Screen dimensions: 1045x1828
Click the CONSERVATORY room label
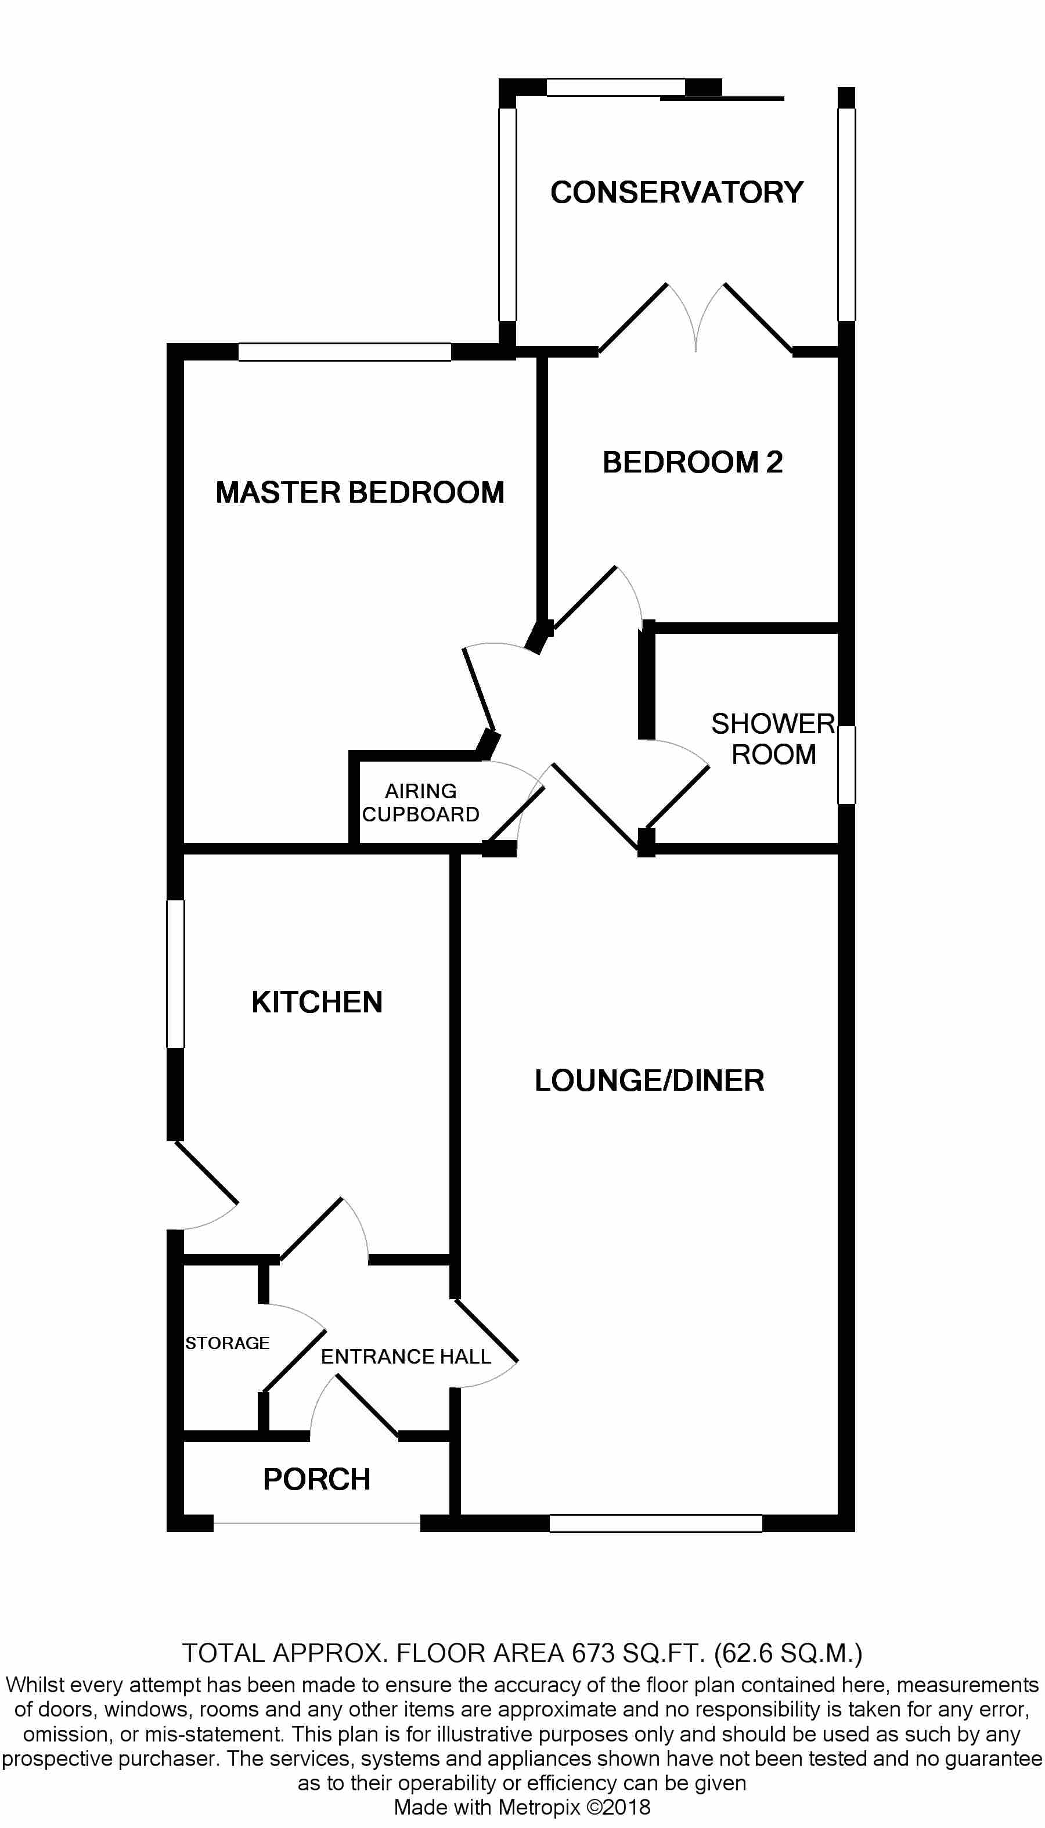click(x=676, y=192)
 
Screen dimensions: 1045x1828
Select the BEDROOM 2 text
click(x=692, y=462)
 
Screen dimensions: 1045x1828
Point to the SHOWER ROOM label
click(x=773, y=739)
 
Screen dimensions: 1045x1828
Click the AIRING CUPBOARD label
click(x=420, y=803)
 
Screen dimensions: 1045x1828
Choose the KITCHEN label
click(x=316, y=1003)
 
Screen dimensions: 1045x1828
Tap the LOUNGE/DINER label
click(x=649, y=1080)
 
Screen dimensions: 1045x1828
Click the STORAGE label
click(x=227, y=1343)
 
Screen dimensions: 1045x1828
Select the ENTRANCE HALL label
click(x=405, y=1357)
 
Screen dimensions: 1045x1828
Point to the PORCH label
click(x=316, y=1479)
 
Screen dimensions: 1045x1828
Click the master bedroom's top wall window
click(x=344, y=352)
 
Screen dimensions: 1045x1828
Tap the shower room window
click(x=847, y=765)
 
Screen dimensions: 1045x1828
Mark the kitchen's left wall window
click(x=176, y=974)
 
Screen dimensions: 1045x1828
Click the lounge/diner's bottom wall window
click(x=655, y=1523)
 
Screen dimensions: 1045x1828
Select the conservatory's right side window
click(x=847, y=214)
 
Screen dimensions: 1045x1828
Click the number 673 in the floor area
click(x=593, y=1653)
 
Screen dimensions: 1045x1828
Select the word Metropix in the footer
click(x=538, y=1807)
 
